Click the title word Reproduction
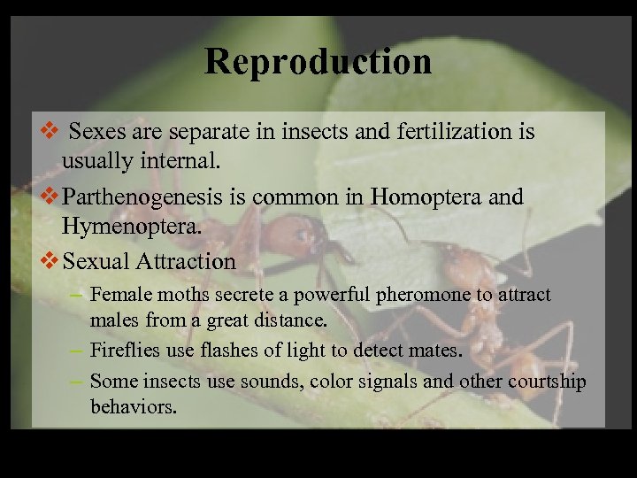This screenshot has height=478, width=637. coord(318,61)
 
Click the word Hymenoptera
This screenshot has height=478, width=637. coord(132,227)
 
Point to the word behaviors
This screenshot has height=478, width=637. coord(133,407)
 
